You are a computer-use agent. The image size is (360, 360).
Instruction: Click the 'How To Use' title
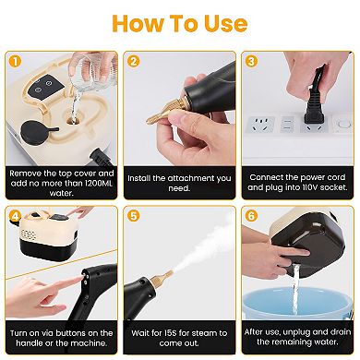180,22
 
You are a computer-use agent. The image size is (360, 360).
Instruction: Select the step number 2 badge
133,62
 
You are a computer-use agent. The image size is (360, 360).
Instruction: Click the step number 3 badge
252,62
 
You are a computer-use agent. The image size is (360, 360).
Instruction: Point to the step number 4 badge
13,219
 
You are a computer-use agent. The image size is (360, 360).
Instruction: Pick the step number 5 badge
133,219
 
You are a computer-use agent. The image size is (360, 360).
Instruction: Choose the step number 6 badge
252,219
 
